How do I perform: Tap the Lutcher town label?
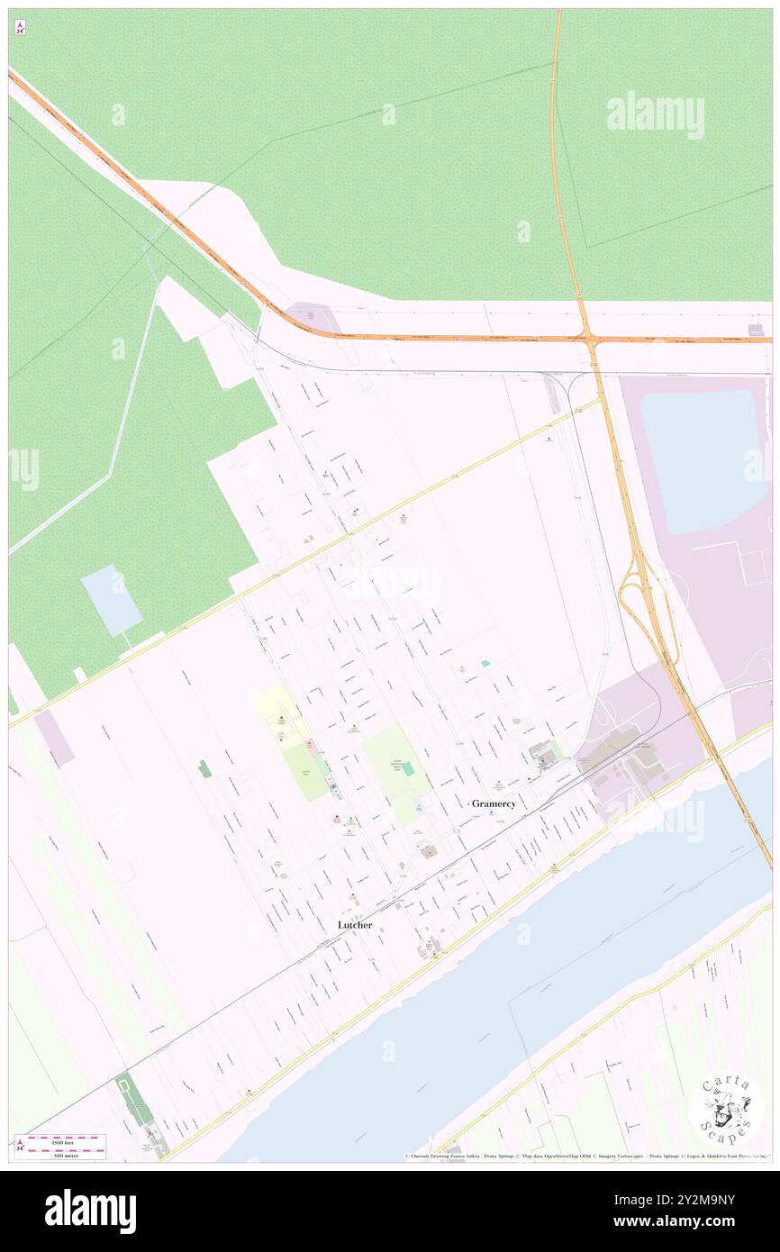click(x=355, y=925)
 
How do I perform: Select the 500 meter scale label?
click(x=65, y=1156)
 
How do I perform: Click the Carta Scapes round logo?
click(x=725, y=1110)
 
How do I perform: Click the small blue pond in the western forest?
click(x=112, y=600)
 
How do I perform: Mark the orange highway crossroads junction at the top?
click(x=591, y=340)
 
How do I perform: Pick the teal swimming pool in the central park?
click(x=408, y=768)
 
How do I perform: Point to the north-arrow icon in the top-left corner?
click(x=20, y=28)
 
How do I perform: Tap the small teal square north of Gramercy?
click(x=485, y=663)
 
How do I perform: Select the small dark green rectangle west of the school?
click(x=205, y=768)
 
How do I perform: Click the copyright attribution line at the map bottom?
click(x=585, y=1156)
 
